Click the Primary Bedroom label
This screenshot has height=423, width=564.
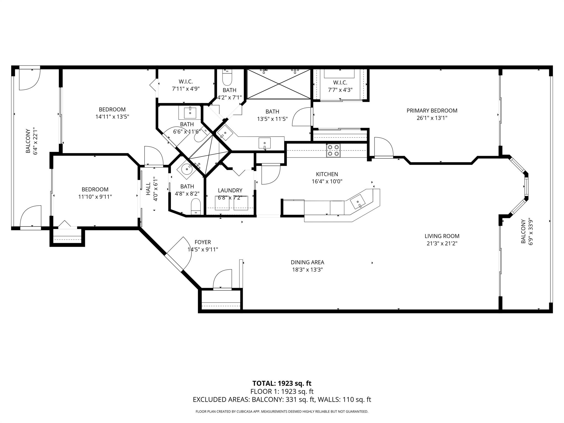click(432, 111)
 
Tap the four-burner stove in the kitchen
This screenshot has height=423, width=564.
click(333, 151)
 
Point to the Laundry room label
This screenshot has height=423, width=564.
click(230, 191)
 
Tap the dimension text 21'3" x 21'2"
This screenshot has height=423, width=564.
click(442, 243)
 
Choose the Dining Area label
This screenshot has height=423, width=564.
click(307, 262)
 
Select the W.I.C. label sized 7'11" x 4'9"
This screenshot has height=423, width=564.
click(186, 82)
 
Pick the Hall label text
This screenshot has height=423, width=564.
click(148, 189)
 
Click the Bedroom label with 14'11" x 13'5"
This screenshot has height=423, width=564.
click(112, 110)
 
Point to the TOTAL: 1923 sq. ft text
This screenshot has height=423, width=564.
click(282, 383)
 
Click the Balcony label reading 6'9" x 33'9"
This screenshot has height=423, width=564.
click(523, 231)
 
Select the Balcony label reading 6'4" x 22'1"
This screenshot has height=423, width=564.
click(28, 141)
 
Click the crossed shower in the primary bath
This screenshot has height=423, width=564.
click(279, 84)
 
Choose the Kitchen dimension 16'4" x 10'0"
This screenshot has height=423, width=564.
click(327, 181)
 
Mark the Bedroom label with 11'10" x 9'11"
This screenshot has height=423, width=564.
click(95, 189)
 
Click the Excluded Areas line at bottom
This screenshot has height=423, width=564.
click(282, 400)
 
